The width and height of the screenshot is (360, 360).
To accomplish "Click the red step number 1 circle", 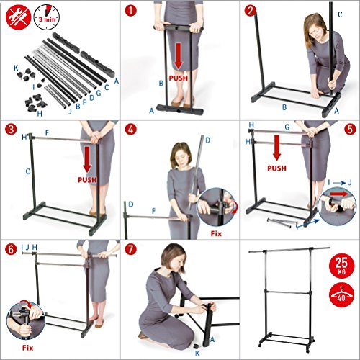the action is pyautogui.click(x=130, y=11).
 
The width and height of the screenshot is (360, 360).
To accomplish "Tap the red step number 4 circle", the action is pyautogui.click(x=130, y=130).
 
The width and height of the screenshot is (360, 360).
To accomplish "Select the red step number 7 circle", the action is pyautogui.click(x=130, y=250).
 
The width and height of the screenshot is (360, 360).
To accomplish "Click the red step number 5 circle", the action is pyautogui.click(x=350, y=130).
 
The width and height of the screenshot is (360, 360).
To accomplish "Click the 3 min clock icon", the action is pyautogui.click(x=47, y=17).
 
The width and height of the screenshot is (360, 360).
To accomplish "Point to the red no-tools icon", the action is pyautogui.click(x=18, y=17).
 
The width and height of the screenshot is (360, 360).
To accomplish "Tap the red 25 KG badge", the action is pyautogui.click(x=341, y=266).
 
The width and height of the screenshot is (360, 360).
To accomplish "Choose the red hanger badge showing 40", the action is pyautogui.click(x=341, y=295).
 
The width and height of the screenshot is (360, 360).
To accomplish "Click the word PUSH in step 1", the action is pyautogui.click(x=179, y=78).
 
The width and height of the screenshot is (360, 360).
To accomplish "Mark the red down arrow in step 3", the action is pyautogui.click(x=87, y=159).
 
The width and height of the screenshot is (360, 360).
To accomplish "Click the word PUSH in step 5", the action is pyautogui.click(x=276, y=168).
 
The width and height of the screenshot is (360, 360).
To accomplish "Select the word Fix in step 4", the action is pyautogui.click(x=216, y=233).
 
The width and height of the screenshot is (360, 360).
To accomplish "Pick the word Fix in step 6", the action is pyautogui.click(x=27, y=348).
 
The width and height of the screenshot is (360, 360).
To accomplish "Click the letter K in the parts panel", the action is pyautogui.click(x=16, y=68).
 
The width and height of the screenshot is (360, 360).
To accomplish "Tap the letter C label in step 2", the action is pyautogui.click(x=340, y=14).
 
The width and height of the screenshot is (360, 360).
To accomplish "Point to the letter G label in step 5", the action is pyautogui.click(x=287, y=127).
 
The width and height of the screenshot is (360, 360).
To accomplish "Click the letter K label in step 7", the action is pyautogui.click(x=197, y=353).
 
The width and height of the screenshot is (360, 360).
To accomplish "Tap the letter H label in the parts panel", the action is pyautogui.click(x=40, y=114).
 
